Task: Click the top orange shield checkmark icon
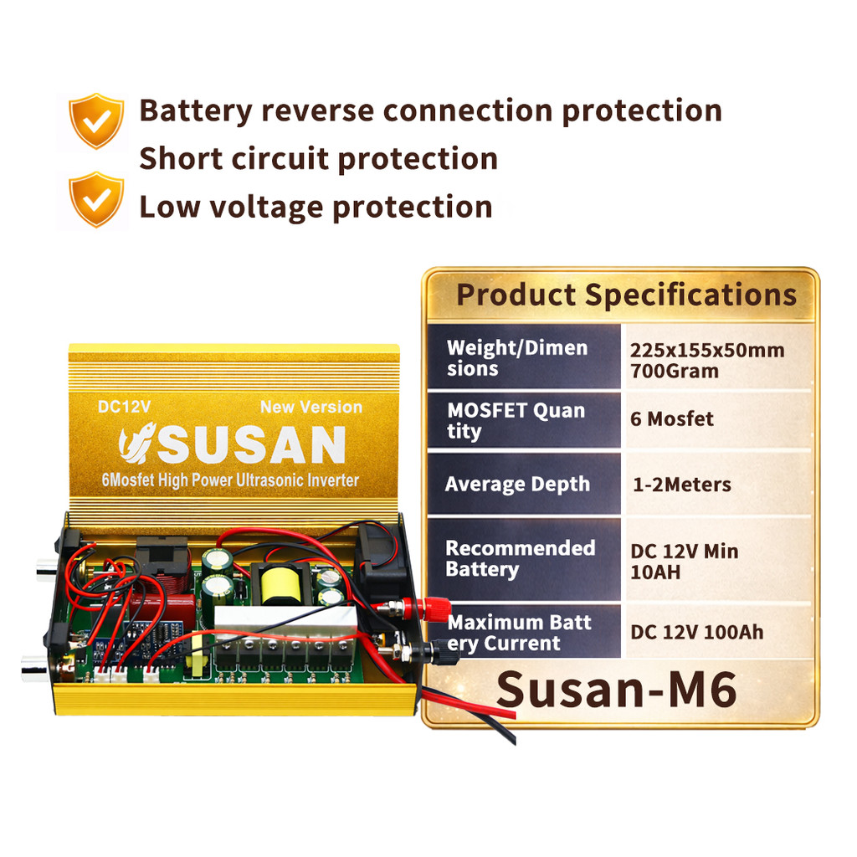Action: (96, 121)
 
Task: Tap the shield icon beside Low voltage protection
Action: (96, 199)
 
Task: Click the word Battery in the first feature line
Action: (196, 111)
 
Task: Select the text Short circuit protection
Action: (319, 159)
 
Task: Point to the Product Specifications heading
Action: (626, 295)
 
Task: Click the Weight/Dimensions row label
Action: (517, 358)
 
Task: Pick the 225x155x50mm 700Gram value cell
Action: (707, 361)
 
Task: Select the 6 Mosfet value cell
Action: (672, 419)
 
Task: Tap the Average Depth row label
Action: (517, 485)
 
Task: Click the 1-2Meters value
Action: (681, 485)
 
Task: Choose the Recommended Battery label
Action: (521, 559)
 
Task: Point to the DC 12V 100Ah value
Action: (697, 633)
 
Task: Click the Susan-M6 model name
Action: (617, 690)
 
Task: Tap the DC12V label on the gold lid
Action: (124, 407)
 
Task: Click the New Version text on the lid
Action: (311, 408)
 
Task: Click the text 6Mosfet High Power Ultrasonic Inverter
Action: (230, 480)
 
